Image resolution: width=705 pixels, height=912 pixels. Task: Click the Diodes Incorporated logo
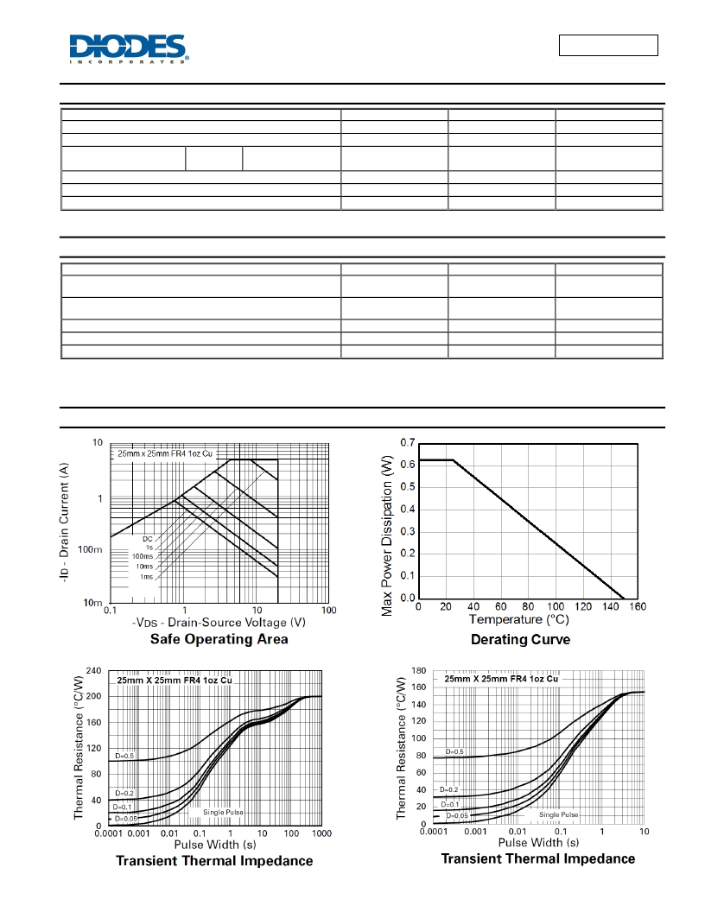129,49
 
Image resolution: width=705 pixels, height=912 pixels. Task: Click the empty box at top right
608,46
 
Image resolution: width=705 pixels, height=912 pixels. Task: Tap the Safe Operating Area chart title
219,639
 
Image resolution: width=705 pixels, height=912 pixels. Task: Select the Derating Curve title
521,640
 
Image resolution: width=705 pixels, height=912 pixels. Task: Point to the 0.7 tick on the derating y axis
408,443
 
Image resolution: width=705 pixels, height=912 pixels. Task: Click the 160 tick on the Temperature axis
638,606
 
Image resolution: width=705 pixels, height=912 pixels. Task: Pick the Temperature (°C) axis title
519,620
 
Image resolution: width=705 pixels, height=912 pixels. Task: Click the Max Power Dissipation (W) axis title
387,535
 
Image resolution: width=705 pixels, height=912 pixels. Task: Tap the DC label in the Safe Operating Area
148,539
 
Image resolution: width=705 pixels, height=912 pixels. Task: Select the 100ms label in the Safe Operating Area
143,557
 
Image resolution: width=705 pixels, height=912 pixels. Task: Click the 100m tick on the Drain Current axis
90,549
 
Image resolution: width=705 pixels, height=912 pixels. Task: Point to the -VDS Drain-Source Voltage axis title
219,623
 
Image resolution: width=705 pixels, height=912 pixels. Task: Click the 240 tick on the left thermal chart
93,671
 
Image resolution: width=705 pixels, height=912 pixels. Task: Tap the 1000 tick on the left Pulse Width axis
321,833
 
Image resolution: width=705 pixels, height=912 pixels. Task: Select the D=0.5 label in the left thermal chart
124,757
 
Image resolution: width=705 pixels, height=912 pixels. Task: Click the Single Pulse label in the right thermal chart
558,815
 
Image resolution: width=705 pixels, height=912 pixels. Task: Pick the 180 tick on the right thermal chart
419,671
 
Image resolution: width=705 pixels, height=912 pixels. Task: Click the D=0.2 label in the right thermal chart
449,790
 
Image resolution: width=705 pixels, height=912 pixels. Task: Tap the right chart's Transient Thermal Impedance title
538,859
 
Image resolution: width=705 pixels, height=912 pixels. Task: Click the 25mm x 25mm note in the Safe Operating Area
165,453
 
